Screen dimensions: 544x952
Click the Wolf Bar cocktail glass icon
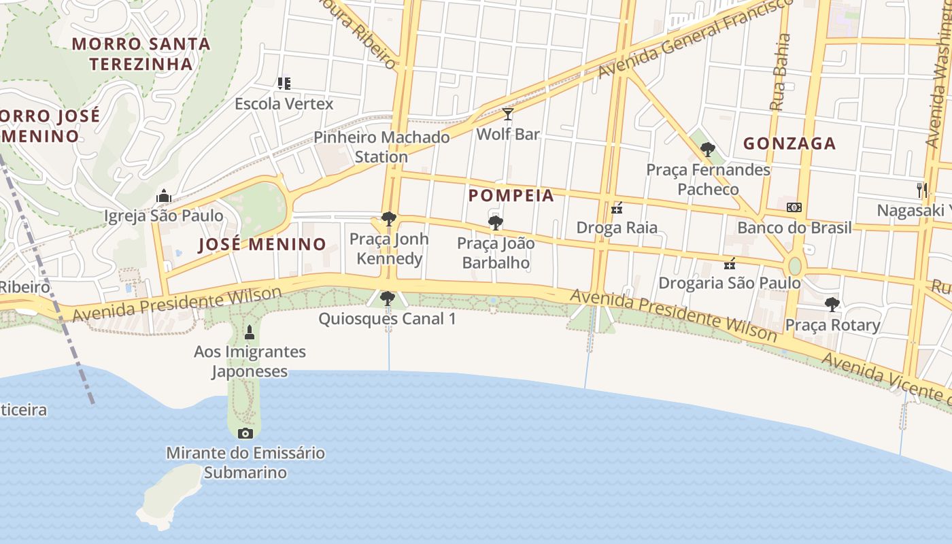507,114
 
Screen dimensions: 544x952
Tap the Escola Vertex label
284,104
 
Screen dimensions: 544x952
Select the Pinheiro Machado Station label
381,147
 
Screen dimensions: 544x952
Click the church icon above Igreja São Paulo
163,197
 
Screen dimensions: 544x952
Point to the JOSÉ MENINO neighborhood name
262,245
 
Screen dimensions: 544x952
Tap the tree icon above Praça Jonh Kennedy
389,219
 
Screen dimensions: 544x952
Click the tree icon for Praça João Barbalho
496,222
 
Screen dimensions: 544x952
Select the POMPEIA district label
511,196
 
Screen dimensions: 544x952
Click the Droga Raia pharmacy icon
617,207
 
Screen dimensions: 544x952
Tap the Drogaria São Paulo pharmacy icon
730,263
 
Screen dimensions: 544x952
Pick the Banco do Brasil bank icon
794,207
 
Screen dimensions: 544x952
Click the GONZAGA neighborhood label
789,143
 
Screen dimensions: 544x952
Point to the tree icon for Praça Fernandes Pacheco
708,149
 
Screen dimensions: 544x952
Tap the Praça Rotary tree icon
832,305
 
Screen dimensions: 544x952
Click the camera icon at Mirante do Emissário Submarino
245,433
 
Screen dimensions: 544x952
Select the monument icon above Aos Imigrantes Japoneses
250,333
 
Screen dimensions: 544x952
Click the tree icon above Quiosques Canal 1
387,299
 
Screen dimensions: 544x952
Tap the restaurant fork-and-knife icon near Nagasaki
922,190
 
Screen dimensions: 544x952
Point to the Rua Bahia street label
780,72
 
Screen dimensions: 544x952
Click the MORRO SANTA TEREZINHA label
141,54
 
